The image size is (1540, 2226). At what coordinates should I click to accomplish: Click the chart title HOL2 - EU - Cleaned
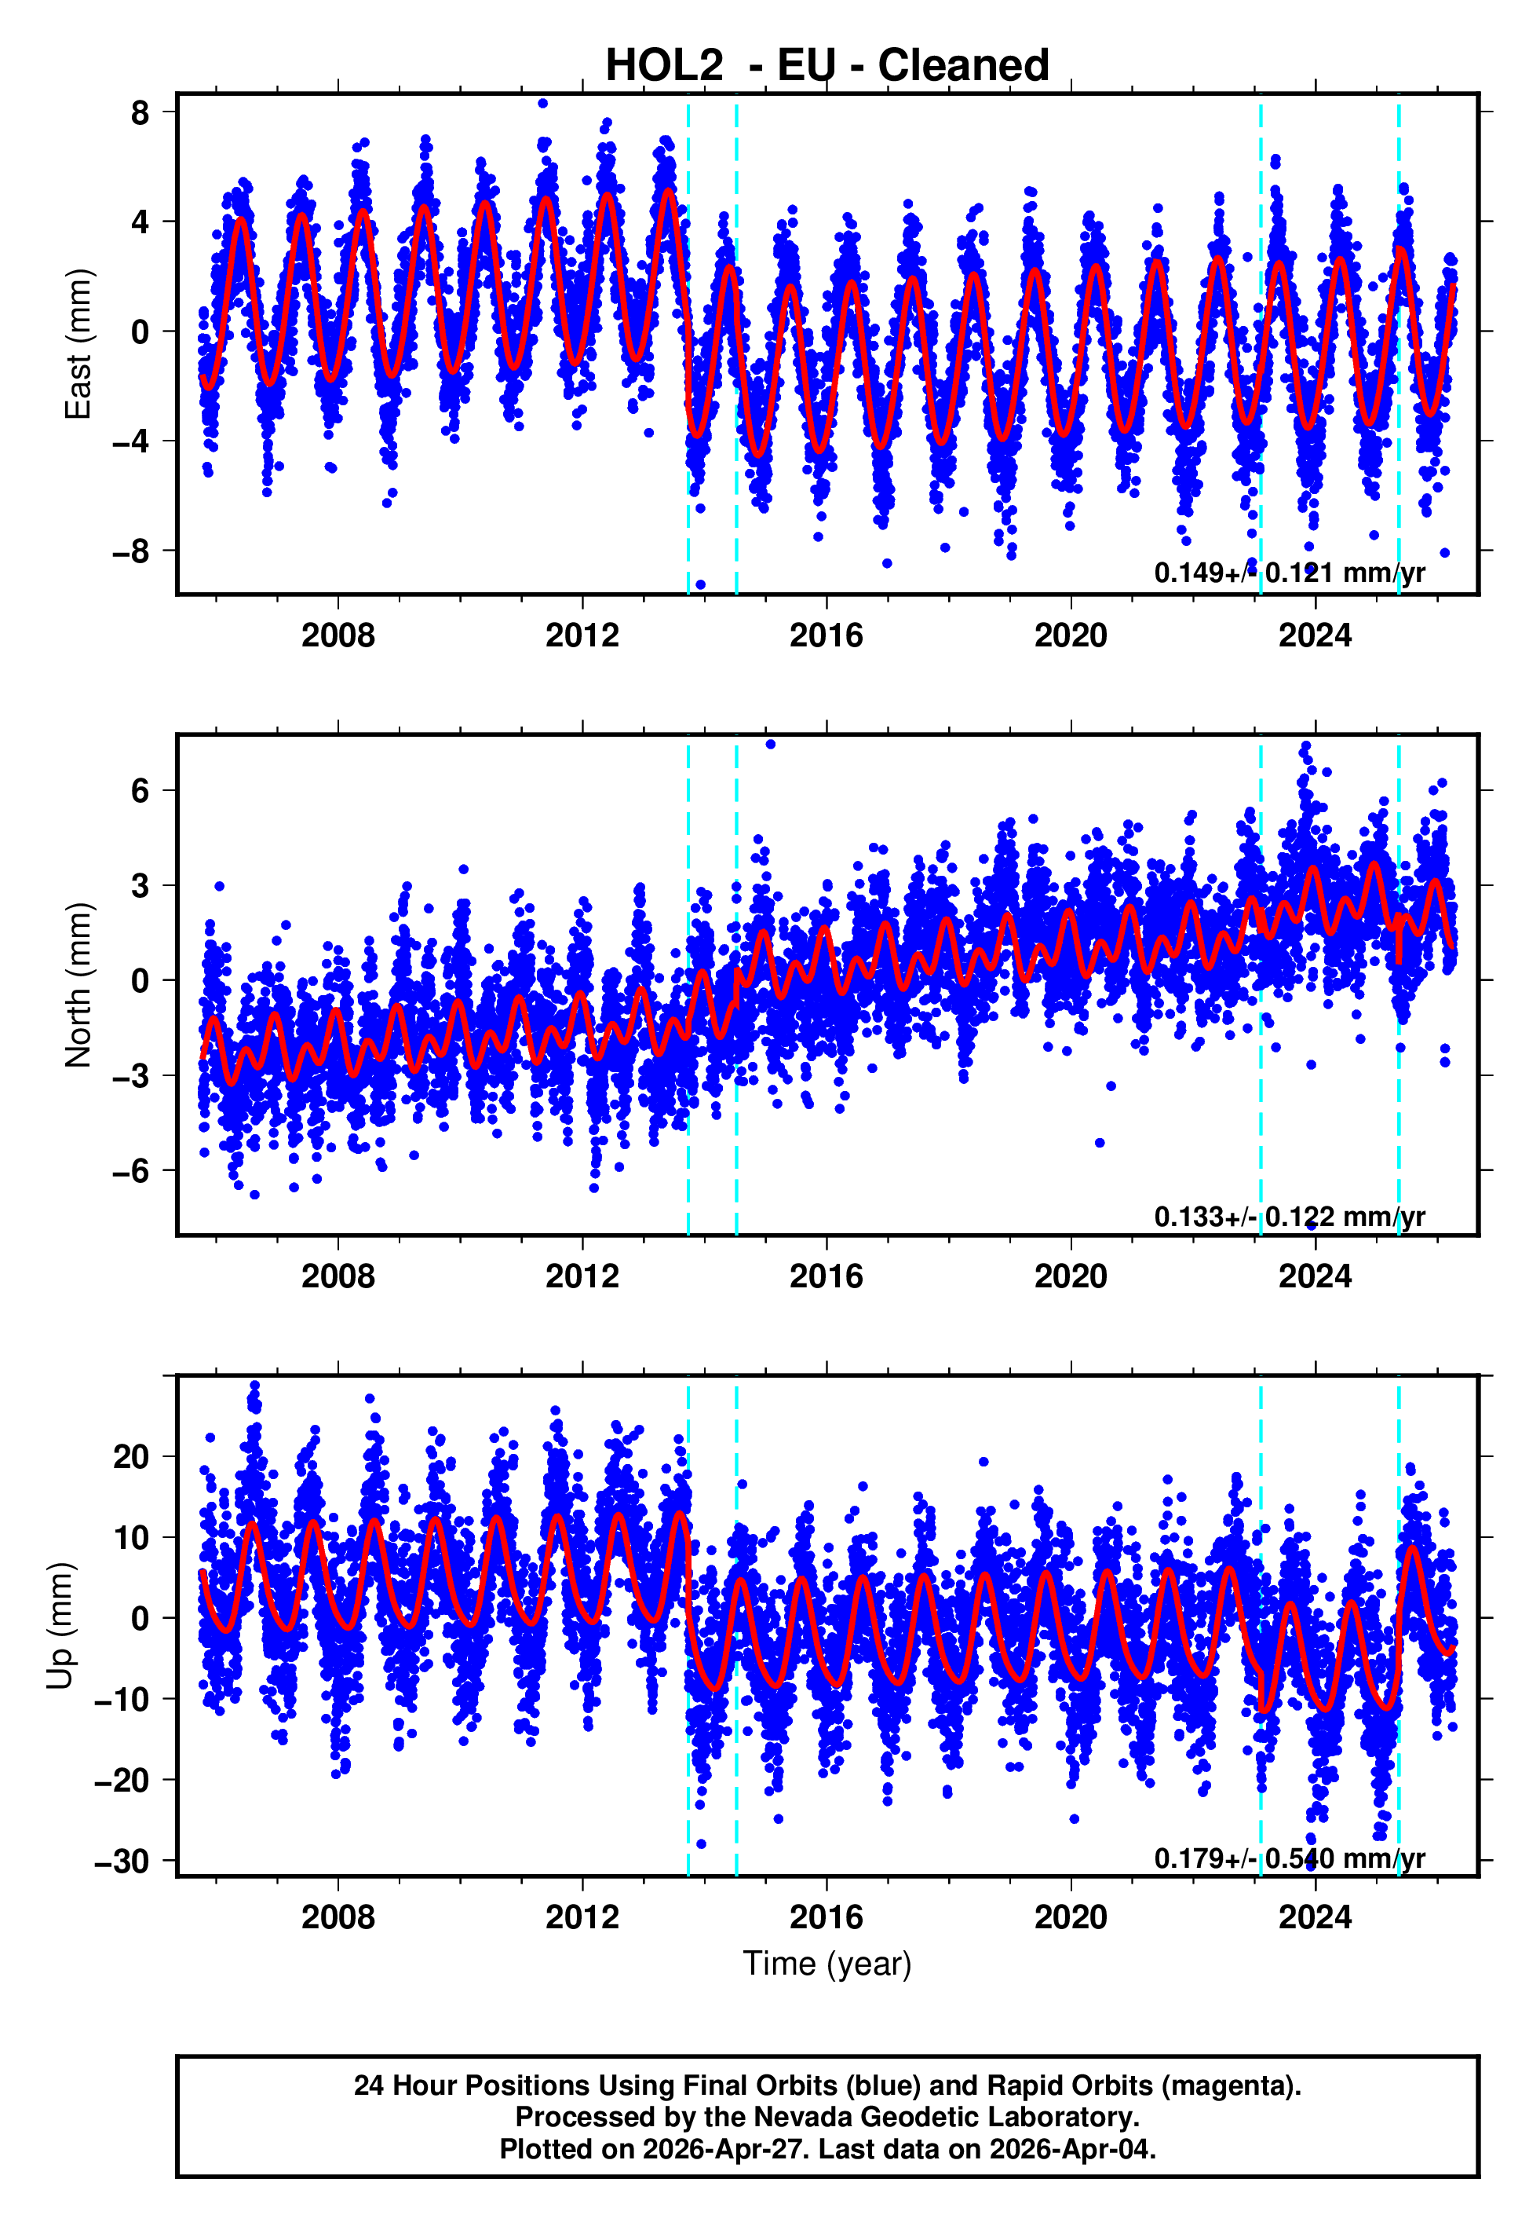coord(827,66)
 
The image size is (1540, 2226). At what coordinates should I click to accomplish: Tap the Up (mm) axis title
coord(60,1626)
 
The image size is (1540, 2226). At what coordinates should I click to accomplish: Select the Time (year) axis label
coord(827,1964)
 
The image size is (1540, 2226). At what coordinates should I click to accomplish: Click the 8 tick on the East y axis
coord(140,112)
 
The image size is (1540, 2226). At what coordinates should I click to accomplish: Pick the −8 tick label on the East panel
coord(131,551)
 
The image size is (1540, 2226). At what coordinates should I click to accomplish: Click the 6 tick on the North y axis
coord(140,791)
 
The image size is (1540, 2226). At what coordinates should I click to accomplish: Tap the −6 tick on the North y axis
coord(131,1171)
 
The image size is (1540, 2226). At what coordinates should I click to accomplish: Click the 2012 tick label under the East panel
coord(582,636)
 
